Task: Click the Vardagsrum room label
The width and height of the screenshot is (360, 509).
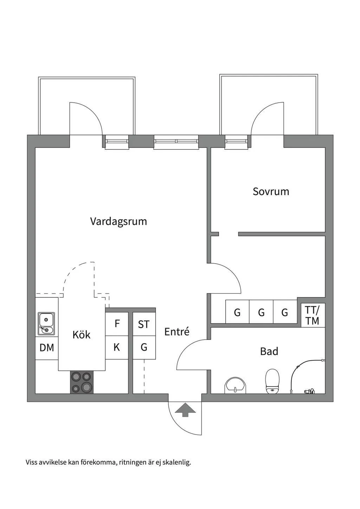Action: [118, 221]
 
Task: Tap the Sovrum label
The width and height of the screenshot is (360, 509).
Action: [271, 192]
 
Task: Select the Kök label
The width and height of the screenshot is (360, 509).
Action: [82, 335]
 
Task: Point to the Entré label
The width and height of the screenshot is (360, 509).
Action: [177, 331]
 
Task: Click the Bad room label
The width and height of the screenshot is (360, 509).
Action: [269, 351]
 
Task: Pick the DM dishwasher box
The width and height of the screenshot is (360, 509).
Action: [47, 348]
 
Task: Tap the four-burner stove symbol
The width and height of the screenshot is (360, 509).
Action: [82, 382]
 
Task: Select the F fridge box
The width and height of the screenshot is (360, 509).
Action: [117, 324]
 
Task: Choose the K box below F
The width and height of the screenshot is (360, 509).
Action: [117, 348]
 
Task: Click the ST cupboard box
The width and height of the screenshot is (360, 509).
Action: [144, 324]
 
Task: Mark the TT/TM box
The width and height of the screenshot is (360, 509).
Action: [312, 315]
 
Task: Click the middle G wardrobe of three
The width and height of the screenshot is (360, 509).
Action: [261, 312]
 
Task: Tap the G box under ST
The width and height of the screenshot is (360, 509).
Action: [144, 348]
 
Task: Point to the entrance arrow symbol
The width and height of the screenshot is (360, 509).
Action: [185, 410]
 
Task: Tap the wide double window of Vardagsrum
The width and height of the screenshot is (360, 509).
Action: [176, 142]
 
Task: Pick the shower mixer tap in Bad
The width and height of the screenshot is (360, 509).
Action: [309, 391]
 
